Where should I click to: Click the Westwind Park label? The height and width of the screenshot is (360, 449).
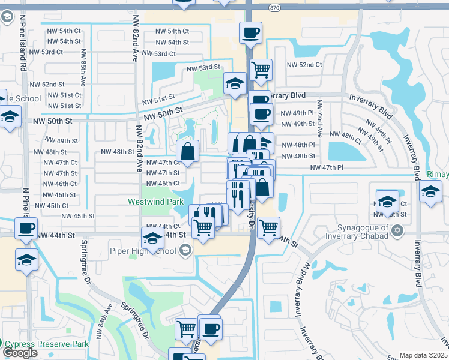point(155,202)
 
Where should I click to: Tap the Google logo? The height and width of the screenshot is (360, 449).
point(20,353)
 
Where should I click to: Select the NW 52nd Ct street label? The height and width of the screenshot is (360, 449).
point(304,65)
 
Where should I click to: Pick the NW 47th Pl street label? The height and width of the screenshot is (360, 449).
point(326,168)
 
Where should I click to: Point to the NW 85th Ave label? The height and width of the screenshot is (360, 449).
point(82,59)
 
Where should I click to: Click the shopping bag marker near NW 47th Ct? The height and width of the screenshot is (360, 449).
point(188,153)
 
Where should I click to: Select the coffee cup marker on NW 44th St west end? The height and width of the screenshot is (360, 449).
point(26,229)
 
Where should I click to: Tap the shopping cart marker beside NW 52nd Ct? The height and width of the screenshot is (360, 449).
point(261,70)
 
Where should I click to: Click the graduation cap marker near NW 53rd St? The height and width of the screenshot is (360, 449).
point(234,84)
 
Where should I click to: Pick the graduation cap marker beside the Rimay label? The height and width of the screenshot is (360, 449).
point(430,193)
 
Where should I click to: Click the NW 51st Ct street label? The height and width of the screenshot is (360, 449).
point(66,95)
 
